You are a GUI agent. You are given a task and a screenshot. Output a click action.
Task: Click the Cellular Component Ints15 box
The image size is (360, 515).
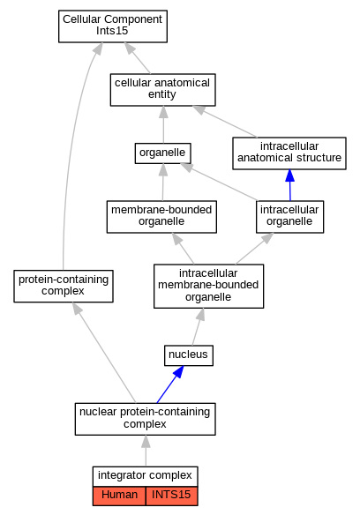coord(113,26)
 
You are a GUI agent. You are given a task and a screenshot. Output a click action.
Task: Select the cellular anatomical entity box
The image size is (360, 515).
coord(162,90)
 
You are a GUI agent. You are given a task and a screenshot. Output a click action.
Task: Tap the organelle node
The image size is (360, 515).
coord(162,153)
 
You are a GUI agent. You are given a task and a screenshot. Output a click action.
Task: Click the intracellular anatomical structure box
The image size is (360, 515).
coord(289,153)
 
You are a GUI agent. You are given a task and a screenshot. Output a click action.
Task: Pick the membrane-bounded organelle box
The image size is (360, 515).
coord(161,217)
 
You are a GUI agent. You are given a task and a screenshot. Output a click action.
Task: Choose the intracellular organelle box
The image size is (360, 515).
coord(289,217)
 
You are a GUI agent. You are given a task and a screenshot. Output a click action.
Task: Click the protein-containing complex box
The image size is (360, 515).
coord(64,286)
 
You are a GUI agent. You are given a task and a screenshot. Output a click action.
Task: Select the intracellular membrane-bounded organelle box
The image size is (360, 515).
coord(208,286)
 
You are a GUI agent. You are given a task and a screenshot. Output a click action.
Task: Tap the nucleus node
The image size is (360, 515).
coord(189,355)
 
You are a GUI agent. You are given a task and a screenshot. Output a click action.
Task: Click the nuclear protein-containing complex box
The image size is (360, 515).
coord(145,419)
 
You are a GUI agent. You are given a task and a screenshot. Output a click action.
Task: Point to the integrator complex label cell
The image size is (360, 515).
coord(145,476)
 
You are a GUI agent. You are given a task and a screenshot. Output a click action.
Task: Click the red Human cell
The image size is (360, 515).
coord(119,496)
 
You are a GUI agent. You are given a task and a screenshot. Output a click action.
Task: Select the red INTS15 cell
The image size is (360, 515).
coord(171,496)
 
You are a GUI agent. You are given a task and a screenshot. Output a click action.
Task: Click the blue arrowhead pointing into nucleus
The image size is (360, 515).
coord(178,372)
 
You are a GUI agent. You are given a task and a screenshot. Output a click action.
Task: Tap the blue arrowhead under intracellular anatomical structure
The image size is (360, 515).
coord(289,175)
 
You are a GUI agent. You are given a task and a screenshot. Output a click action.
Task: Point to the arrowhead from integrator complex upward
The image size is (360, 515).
coord(146,442)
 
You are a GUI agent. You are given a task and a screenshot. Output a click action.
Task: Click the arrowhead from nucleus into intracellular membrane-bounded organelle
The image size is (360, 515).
coord(200,315)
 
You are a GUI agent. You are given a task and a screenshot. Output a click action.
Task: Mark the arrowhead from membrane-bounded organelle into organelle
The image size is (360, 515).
coord(163,169)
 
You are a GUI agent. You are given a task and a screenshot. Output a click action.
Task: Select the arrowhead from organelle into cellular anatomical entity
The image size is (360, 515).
coord(163,112)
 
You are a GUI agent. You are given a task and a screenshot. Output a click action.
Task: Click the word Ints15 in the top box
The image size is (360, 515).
coord(112,31)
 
